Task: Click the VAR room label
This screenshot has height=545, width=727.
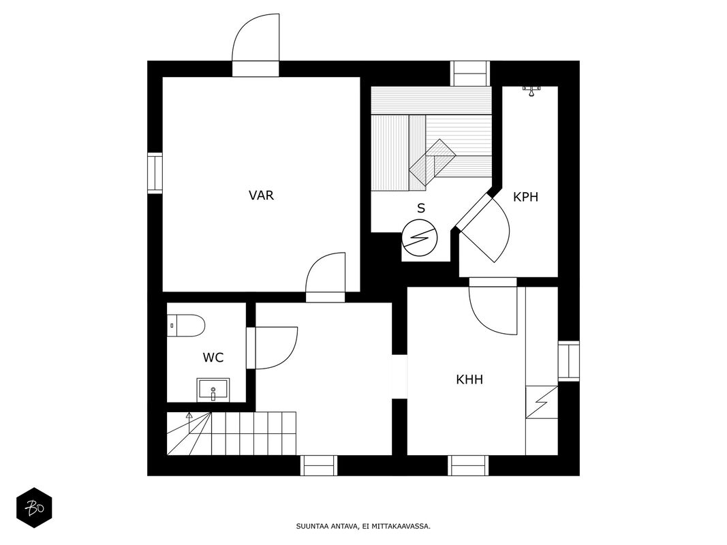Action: (261, 196)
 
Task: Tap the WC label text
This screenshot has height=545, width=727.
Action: (213, 357)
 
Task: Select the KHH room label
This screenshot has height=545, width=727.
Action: (469, 379)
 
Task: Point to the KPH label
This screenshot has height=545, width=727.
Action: (526, 197)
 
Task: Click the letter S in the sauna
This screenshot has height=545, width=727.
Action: (421, 208)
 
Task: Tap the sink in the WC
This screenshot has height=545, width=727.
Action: (213, 390)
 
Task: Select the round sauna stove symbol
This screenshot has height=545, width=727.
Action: (420, 238)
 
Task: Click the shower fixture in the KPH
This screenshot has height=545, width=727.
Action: (531, 89)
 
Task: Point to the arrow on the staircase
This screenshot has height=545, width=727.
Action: (189, 417)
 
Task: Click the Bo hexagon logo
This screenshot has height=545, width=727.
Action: (34, 508)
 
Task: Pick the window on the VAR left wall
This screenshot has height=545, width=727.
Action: (155, 173)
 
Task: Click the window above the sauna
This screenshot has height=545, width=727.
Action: (470, 72)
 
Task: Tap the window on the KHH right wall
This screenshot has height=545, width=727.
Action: (568, 361)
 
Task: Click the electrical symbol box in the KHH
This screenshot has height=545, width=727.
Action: (542, 402)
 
